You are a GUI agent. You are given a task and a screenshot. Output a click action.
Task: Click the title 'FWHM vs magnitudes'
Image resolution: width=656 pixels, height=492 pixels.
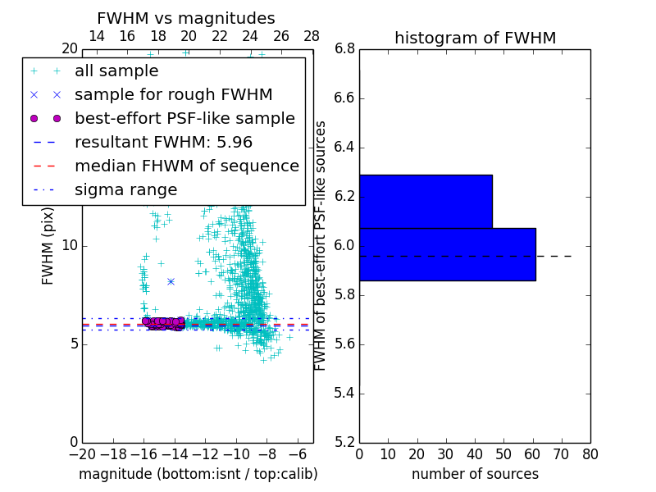click(186, 18)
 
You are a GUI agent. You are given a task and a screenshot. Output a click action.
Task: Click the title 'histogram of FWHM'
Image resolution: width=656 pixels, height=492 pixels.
click(475, 38)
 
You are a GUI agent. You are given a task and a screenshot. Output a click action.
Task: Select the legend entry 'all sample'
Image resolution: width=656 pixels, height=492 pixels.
click(116, 71)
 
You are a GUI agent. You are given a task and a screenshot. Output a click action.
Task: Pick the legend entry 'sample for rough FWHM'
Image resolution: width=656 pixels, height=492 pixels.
click(173, 94)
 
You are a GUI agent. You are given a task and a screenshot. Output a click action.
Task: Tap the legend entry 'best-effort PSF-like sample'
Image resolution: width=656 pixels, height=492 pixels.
click(184, 118)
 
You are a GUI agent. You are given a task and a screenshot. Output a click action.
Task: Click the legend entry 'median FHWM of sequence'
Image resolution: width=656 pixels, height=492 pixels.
click(186, 166)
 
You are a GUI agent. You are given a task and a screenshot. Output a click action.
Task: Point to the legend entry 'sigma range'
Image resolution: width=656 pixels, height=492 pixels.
click(125, 189)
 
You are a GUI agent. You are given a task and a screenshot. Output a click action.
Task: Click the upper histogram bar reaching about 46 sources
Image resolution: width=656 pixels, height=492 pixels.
click(426, 201)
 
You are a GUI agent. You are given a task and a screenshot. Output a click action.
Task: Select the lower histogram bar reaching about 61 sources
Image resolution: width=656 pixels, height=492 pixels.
click(447, 254)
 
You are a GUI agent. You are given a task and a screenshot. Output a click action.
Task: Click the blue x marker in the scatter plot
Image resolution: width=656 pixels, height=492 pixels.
click(171, 281)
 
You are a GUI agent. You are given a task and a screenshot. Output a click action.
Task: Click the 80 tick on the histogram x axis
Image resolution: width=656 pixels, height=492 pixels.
click(590, 454)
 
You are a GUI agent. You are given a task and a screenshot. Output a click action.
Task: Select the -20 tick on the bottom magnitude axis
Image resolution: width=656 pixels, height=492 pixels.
click(82, 454)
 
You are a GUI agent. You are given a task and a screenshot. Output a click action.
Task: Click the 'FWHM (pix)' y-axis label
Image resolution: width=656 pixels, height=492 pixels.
click(48, 246)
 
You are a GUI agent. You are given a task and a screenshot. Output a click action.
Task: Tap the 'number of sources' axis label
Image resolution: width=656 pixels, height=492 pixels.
click(475, 474)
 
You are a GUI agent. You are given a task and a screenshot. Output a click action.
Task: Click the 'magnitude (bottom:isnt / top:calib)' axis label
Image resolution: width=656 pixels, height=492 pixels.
click(198, 474)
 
